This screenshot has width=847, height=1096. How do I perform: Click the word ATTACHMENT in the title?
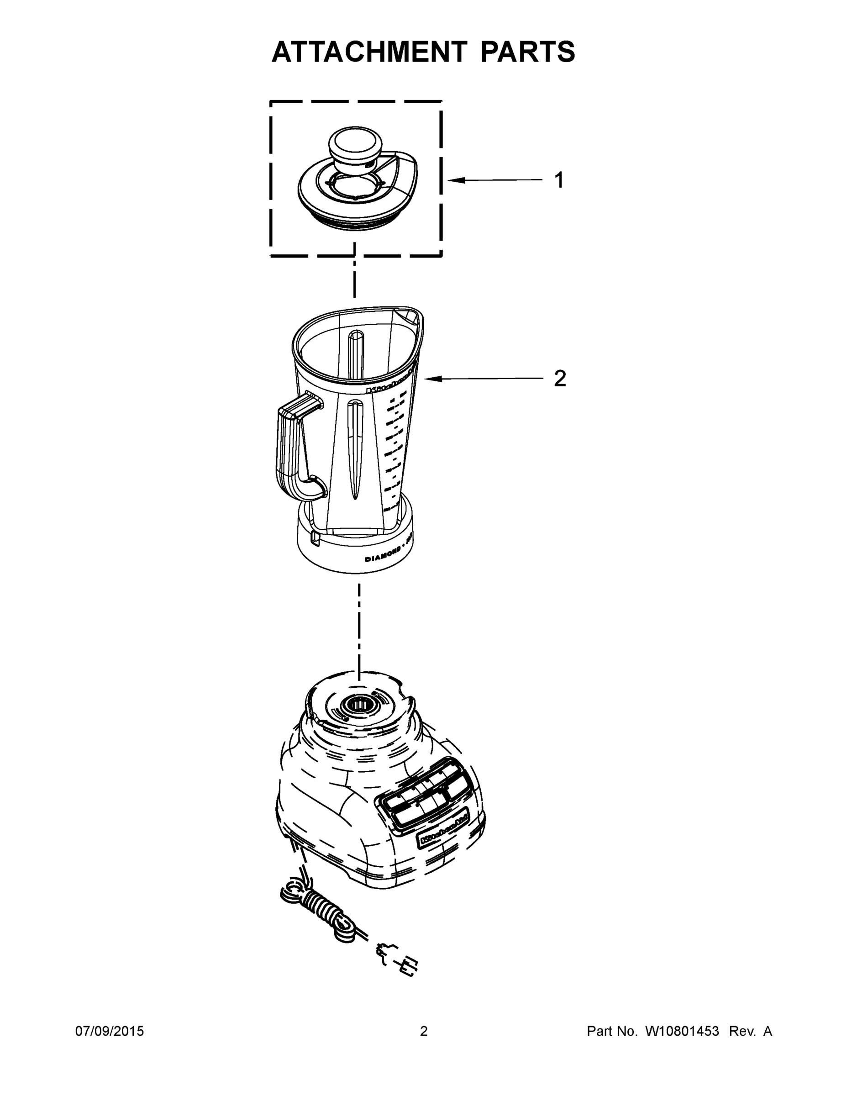coord(369,52)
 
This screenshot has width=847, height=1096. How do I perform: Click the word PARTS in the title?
coord(527,52)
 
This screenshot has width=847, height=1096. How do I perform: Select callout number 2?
coord(559,379)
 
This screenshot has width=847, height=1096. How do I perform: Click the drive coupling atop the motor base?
coord(358,705)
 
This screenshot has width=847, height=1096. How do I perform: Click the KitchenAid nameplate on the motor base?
coord(443,832)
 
